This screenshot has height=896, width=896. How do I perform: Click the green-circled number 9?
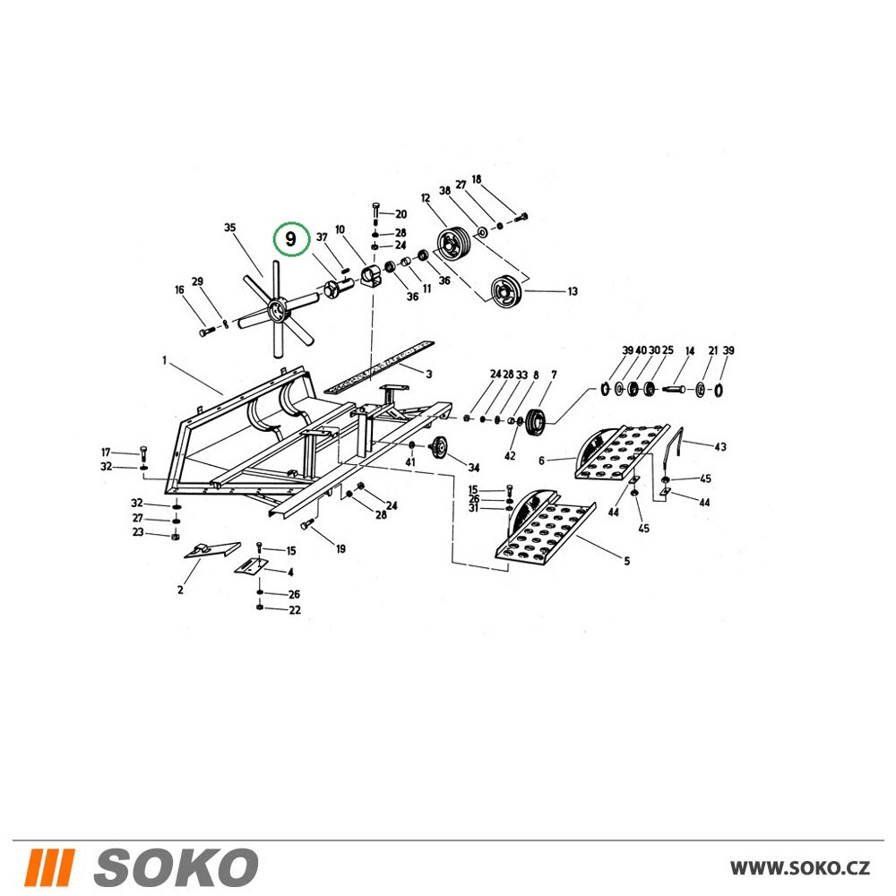point(291,239)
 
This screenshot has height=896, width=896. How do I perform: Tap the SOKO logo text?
point(176,867)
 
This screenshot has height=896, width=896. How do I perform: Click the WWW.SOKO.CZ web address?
point(800,868)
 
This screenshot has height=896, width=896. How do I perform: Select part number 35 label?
point(229,228)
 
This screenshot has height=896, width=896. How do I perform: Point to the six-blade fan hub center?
point(277,312)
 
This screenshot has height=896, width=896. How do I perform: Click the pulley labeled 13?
point(505,291)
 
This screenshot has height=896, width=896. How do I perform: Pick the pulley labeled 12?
point(453,245)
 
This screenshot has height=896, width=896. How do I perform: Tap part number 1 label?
point(165,360)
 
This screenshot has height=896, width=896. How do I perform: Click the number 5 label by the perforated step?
point(627,561)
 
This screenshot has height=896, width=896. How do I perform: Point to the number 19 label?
point(340,549)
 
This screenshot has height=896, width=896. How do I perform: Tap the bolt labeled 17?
point(142,455)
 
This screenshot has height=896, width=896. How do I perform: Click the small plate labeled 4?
point(252,565)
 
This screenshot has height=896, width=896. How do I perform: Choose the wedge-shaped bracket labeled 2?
point(211,550)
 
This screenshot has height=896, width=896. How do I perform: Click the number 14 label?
point(690,351)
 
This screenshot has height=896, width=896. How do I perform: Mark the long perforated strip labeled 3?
point(378,367)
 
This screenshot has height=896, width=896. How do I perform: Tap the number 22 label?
point(294,609)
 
